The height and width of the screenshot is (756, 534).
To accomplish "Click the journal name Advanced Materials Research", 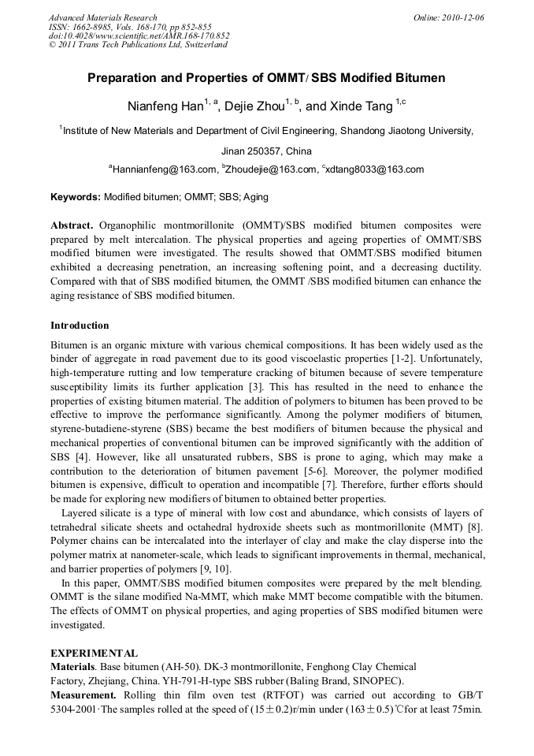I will coord(102,17).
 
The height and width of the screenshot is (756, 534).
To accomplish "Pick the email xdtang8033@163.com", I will coord(375,169).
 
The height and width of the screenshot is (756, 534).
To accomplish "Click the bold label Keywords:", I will coord(76,197).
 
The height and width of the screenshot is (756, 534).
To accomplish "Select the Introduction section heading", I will coord(80,326).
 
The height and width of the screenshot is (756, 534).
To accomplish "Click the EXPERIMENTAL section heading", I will coord(94,654).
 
